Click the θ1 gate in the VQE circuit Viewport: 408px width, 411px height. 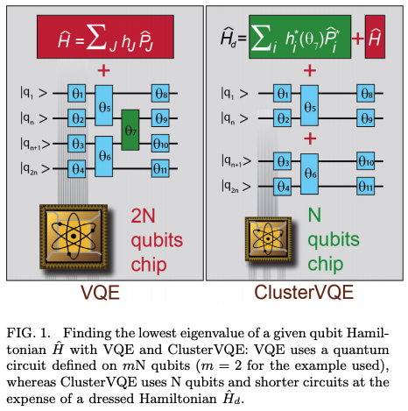click(x=77, y=92)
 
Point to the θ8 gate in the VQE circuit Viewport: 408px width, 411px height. click(x=159, y=92)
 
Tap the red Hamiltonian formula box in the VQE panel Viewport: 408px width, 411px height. click(x=102, y=39)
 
